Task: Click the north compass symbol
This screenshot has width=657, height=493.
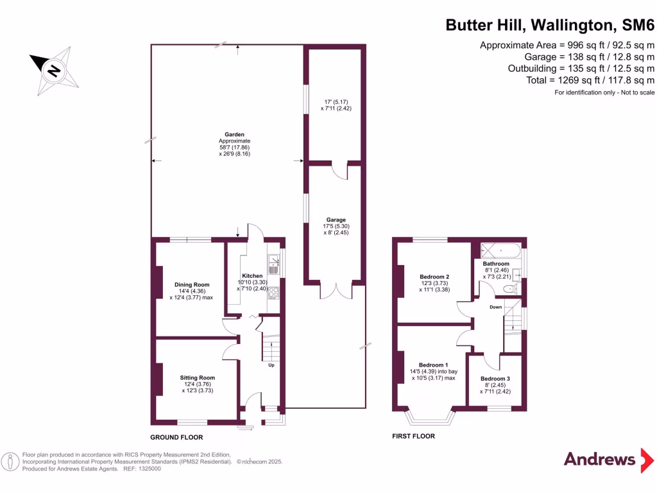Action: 55,68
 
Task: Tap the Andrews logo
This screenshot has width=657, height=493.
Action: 599,459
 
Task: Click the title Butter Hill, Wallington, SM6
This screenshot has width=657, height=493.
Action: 550,26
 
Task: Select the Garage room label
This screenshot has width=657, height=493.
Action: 336,220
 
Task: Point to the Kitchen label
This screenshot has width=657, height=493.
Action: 252,275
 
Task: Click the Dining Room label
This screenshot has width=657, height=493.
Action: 192,284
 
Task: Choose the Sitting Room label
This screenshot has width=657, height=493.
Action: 197,377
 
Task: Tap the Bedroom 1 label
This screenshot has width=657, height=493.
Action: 434,365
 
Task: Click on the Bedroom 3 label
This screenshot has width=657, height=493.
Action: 496,378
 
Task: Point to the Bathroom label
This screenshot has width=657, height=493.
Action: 496,264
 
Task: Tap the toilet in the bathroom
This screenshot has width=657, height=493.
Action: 511,290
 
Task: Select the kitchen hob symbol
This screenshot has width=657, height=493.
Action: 273,293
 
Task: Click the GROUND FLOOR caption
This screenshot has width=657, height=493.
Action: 176,437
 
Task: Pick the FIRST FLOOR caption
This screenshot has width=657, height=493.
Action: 413,437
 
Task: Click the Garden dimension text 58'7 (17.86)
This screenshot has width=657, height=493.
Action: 234,147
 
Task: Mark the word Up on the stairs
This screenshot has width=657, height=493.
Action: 271,366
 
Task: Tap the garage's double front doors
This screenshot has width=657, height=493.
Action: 336,290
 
